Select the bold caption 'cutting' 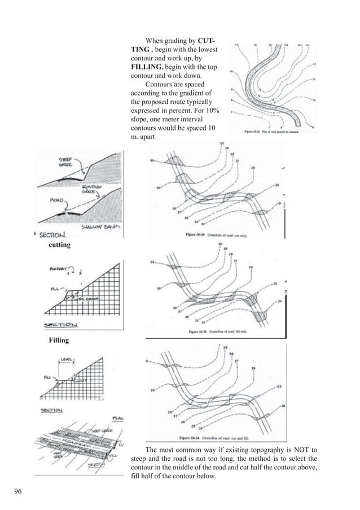click(x=60, y=246)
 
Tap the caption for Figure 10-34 click(x=213, y=438)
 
